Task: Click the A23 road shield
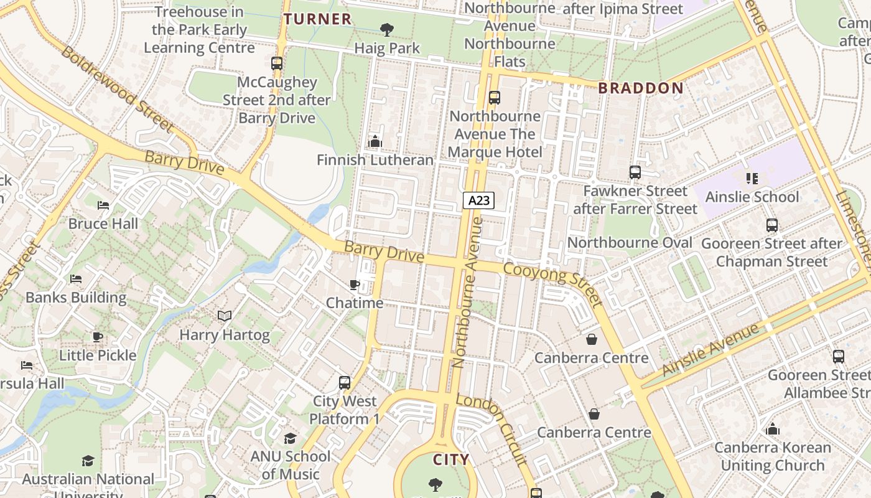(x=478, y=200)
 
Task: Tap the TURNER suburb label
(x=318, y=19)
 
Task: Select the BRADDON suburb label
(x=641, y=88)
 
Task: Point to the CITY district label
(x=451, y=460)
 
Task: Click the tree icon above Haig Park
(x=386, y=29)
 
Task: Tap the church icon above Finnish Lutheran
(x=375, y=142)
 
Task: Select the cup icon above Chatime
(x=355, y=284)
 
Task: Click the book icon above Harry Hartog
(x=225, y=316)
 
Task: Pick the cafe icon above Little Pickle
(x=98, y=337)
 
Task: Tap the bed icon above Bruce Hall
(x=103, y=205)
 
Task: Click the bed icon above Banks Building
(x=76, y=279)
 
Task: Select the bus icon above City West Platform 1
(x=345, y=383)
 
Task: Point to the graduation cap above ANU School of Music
(x=290, y=438)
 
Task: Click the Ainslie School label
(x=752, y=197)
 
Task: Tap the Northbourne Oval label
(x=630, y=243)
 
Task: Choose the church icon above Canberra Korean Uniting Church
(x=773, y=429)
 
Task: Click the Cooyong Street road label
(x=553, y=284)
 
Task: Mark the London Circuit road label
(x=492, y=429)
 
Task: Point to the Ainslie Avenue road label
(x=711, y=350)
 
